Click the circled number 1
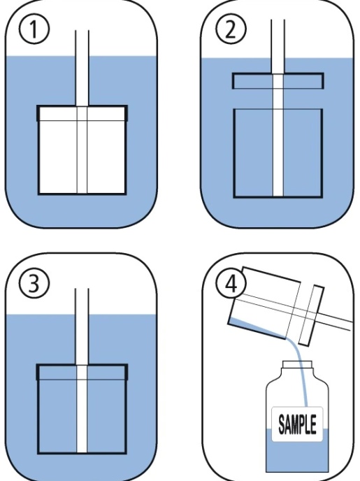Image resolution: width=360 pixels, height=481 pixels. [34, 29]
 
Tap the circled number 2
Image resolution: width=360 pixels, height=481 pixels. [231, 29]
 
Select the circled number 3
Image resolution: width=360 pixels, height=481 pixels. [34, 283]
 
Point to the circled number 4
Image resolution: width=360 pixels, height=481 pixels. [231, 284]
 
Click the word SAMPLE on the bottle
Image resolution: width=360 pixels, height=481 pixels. [297, 424]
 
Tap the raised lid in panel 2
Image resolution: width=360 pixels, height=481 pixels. [278, 81]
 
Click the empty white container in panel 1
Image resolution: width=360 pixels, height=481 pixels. [82, 150]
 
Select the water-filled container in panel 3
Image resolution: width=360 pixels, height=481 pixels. [82, 409]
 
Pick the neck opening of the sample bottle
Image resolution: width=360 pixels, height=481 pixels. [297, 365]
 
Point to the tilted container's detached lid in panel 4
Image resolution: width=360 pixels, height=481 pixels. [311, 315]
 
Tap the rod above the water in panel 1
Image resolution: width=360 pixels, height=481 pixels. [82, 43]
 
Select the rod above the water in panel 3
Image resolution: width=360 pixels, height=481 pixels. [82, 301]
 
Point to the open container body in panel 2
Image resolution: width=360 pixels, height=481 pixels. [278, 153]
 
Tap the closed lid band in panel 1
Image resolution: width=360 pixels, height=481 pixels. [82, 113]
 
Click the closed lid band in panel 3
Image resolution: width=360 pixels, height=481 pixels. [82, 372]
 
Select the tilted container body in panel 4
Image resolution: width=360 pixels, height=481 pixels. [264, 303]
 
